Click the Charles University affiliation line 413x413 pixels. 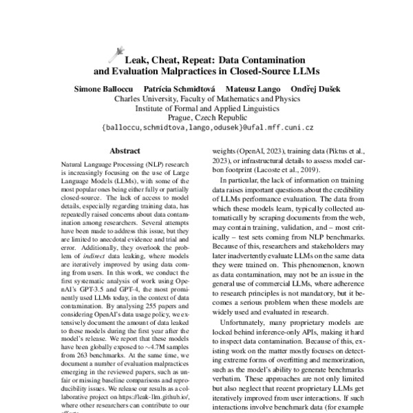[x=206, y=99]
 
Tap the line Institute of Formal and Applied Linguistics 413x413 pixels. [x=206, y=109]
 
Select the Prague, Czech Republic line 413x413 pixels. [x=206, y=118]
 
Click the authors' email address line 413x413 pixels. [x=206, y=128]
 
